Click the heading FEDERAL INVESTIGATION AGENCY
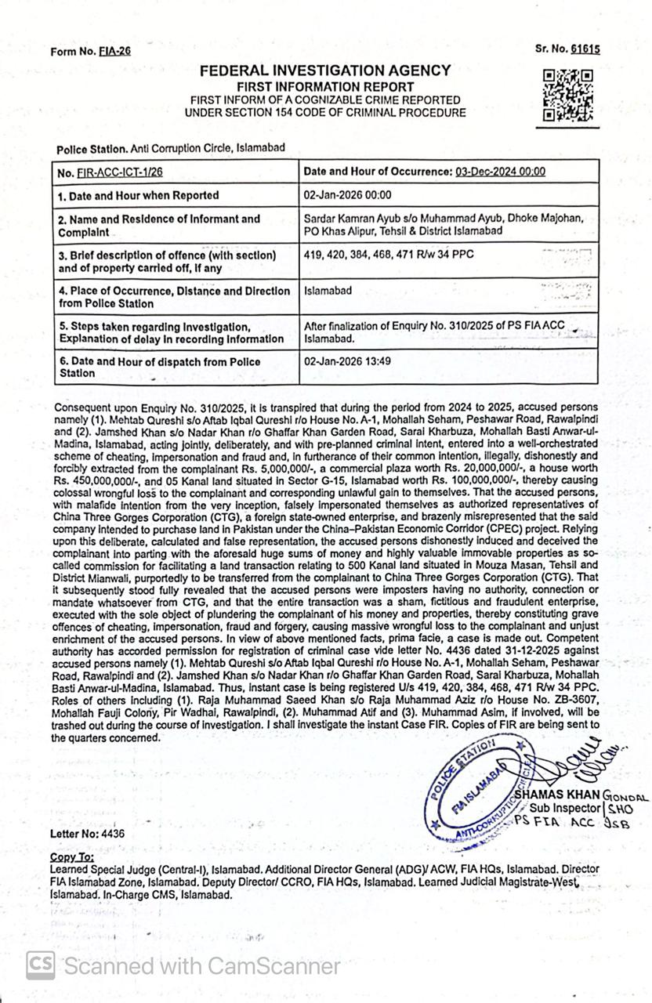click(325, 71)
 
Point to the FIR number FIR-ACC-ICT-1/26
click(130, 172)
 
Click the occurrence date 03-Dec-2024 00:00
click(500, 172)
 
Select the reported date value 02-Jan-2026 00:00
click(347, 195)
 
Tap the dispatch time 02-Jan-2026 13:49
click(347, 361)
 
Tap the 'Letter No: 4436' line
click(87, 834)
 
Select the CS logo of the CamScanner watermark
click(40, 965)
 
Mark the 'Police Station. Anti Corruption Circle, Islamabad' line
click(170, 147)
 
